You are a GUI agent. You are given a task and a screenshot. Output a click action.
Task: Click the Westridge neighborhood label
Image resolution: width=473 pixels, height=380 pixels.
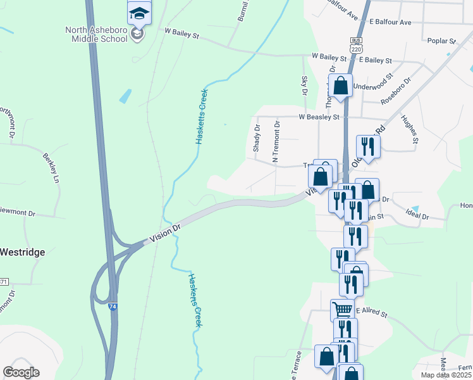tap(23, 252)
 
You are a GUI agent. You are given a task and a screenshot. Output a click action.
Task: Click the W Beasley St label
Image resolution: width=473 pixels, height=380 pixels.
tap(319, 117)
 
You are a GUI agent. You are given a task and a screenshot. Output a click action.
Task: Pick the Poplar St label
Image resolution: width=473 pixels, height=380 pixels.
tap(441, 41)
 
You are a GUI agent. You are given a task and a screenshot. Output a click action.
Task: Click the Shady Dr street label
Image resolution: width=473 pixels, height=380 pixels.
tap(257, 137)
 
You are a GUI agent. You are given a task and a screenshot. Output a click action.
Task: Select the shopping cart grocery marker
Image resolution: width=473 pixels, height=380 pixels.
tap(342, 310)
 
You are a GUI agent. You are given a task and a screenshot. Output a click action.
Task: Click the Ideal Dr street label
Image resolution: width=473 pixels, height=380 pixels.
tap(417, 217)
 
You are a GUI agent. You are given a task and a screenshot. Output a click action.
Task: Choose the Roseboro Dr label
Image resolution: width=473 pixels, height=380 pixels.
tap(396, 91)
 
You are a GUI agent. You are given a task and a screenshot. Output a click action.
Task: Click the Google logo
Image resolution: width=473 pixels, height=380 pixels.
tap(21, 372)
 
